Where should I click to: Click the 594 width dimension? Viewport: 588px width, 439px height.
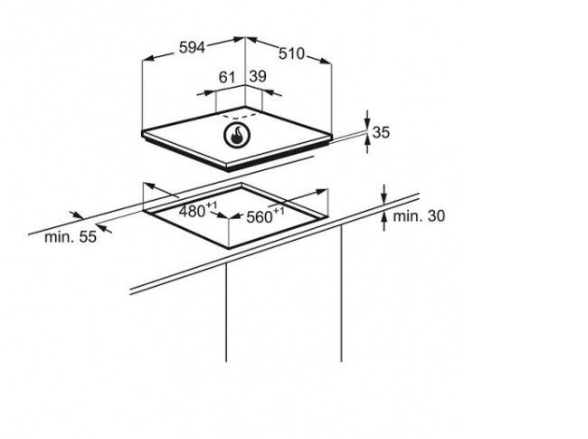pos(192,48)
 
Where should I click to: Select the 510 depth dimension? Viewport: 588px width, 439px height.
pos(291,53)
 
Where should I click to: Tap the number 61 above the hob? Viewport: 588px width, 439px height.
pos(227,77)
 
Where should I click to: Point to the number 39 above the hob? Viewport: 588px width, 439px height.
pos(258,76)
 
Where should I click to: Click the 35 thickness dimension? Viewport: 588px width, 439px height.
pos(381,132)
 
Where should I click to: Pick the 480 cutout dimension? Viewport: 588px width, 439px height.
pos(192,211)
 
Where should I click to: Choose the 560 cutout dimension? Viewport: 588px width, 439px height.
pos(259,217)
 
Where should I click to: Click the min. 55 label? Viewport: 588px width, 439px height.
pos(71,237)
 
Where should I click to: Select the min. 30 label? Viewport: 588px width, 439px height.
pos(419,215)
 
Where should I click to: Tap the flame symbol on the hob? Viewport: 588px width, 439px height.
pos(237,135)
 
